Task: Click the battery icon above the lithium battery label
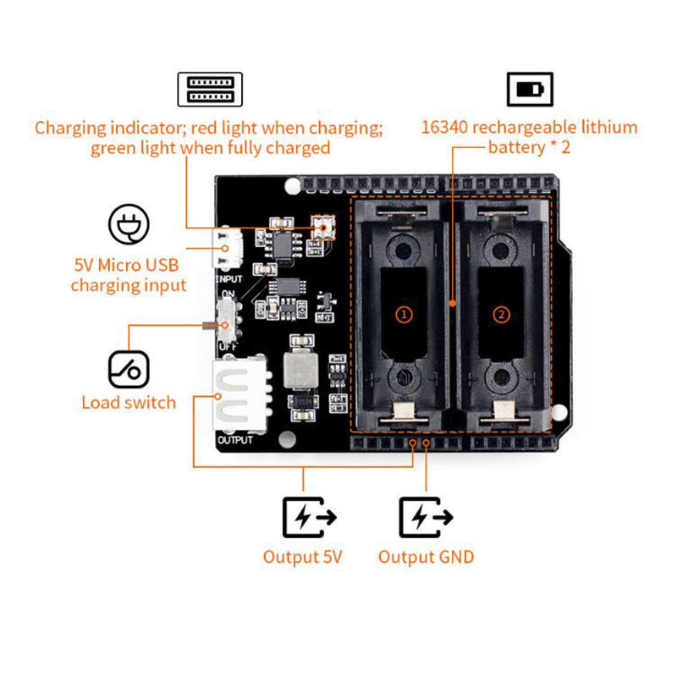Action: click(x=530, y=89)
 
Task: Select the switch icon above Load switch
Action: click(x=129, y=370)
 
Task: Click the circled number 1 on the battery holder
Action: click(x=405, y=314)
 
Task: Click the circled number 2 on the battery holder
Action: click(x=502, y=314)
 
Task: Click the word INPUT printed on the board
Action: click(x=230, y=278)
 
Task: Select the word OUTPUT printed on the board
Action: click(x=235, y=440)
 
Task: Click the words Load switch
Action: click(x=129, y=403)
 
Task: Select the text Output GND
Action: click(x=426, y=557)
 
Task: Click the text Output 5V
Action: click(x=302, y=557)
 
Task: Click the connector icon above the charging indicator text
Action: click(x=209, y=89)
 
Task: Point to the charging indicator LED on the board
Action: click(x=322, y=226)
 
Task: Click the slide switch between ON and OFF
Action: click(x=226, y=322)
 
